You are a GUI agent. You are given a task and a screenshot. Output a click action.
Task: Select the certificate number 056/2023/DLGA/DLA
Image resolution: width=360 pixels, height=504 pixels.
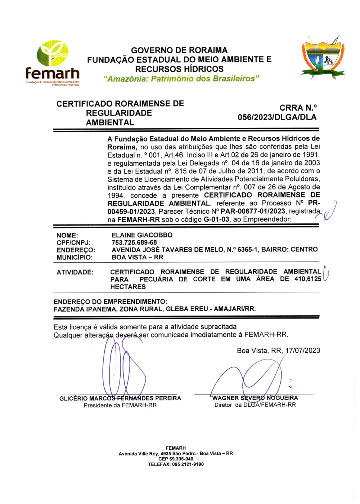tap(277, 117)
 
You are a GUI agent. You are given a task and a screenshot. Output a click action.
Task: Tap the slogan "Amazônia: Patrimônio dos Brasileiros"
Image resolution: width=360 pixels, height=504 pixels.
tap(181, 79)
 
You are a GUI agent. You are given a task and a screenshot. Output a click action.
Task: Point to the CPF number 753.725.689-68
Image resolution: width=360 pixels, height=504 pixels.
tap(134, 242)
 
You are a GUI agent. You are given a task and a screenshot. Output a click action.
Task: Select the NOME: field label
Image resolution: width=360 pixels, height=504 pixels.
tap(67, 235)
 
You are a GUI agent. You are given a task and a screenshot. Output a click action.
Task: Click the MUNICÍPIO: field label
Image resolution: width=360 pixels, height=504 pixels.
tap(75, 257)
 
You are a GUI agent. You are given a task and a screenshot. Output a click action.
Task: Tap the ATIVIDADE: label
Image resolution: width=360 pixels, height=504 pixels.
tap(75, 272)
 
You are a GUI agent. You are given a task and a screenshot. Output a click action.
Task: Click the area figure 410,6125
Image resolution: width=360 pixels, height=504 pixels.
tap(308, 279)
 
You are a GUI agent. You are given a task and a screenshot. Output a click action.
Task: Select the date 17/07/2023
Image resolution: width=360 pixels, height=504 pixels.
tap(303, 351)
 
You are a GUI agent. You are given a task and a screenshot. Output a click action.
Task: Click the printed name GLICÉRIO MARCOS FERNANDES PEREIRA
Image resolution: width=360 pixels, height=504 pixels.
tap(120, 398)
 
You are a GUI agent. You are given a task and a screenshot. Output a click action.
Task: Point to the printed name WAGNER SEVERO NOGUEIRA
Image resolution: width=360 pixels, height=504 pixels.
tap(255, 398)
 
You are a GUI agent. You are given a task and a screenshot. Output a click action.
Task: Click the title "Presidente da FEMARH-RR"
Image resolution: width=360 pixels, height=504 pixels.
tap(120, 405)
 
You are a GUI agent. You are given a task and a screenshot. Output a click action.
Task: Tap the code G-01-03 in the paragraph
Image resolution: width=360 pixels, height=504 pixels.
tap(216, 219)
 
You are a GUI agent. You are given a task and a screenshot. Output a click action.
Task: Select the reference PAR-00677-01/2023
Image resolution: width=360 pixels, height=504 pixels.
tap(253, 211)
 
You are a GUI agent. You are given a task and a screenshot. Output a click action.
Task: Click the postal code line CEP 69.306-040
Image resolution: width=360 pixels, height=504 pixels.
tap(176, 459)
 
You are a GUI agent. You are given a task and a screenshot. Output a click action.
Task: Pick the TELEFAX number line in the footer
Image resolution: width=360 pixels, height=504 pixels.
tap(176, 464)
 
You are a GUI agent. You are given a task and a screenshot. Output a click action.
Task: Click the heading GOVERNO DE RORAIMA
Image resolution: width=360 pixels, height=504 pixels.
tap(179, 50)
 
